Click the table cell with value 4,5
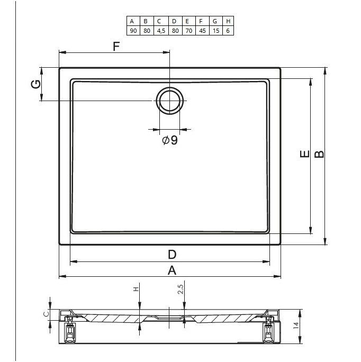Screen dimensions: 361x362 161,31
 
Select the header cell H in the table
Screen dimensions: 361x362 228,21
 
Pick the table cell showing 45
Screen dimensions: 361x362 202,31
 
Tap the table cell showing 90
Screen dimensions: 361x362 133,31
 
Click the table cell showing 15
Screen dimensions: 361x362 216,31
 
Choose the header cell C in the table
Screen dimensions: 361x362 159,21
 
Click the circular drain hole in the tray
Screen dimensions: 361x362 170,101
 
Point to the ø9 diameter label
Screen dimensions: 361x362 170,140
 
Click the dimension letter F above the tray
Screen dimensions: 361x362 116,47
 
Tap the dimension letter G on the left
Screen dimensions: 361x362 36,84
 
